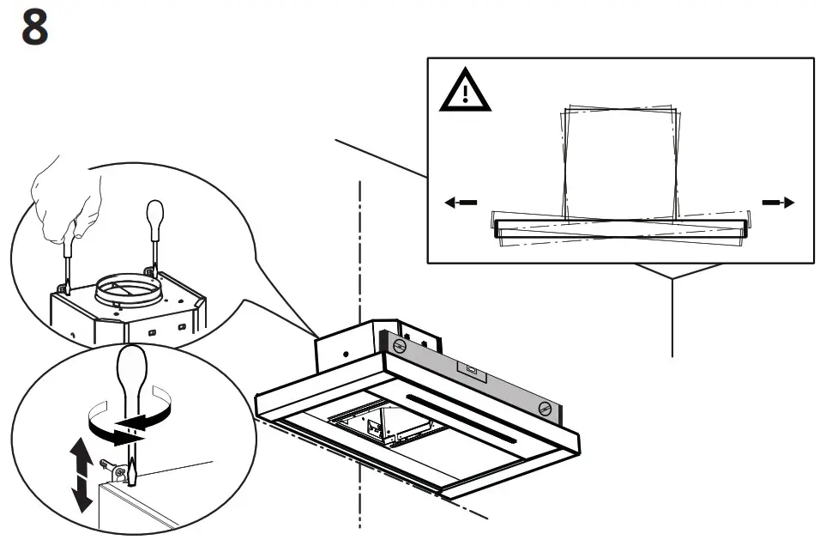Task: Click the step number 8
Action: click(34, 28)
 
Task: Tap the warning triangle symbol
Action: click(465, 92)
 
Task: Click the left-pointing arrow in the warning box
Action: click(461, 203)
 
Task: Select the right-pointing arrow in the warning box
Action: click(778, 203)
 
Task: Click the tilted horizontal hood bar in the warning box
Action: click(622, 228)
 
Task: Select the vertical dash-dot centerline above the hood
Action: click(360, 249)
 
